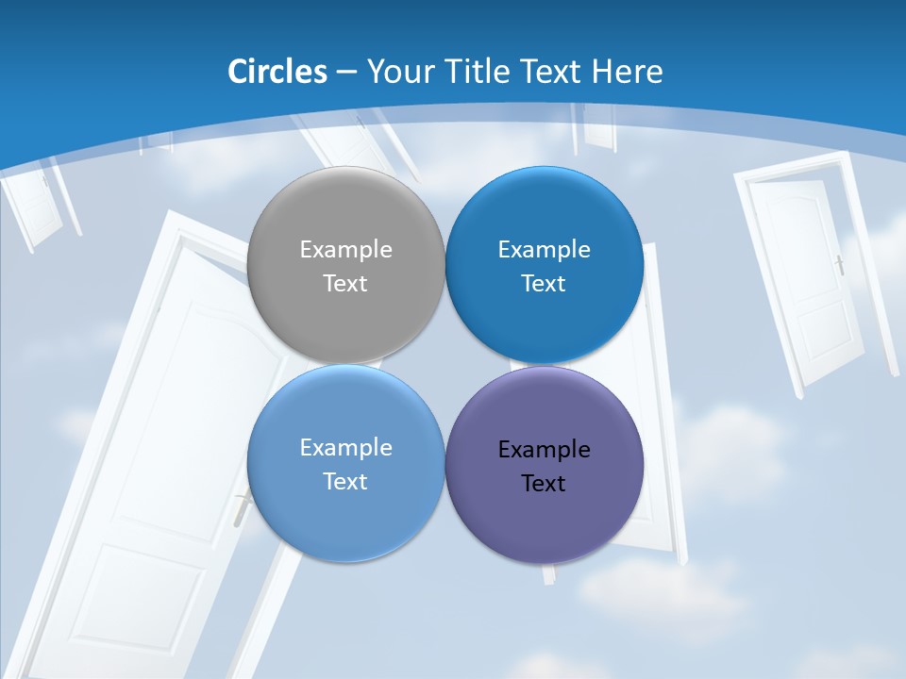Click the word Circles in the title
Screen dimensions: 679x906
coord(277,72)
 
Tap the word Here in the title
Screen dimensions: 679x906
coord(628,72)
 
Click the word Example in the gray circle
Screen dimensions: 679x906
coord(345,250)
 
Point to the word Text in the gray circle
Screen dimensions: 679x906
coord(345,284)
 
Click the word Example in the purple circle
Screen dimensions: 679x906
coord(545,450)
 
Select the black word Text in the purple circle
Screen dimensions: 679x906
coord(544,484)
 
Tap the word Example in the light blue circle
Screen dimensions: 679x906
coord(345,448)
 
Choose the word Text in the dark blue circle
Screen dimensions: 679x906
coord(544,284)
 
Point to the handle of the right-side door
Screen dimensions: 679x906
coord(838,264)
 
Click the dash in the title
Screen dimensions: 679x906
coord(346,73)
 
